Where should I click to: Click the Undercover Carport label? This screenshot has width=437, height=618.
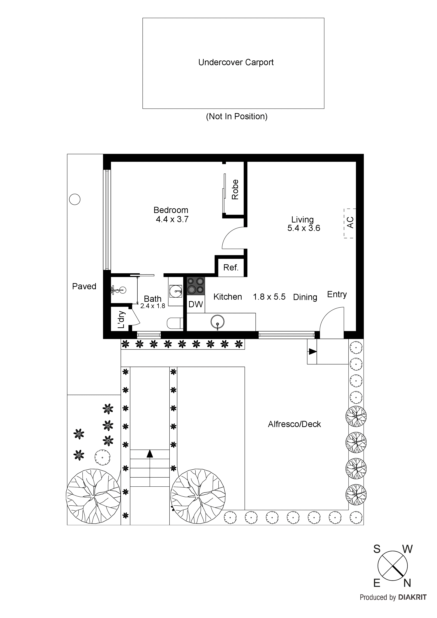tap(236, 62)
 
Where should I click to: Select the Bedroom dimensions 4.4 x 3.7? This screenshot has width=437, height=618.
tap(172, 219)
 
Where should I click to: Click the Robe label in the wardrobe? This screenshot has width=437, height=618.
tap(235, 190)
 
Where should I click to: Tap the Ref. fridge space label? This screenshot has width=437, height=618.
tap(231, 268)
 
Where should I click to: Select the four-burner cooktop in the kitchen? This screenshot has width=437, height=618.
tap(196, 286)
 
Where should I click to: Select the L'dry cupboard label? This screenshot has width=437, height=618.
tap(121, 320)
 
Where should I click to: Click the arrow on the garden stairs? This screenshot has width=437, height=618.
tap(150, 454)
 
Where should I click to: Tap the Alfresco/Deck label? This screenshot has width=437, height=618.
tap(294, 424)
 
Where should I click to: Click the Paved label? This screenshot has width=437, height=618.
tap(84, 286)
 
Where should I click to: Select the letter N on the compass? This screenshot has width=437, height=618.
tap(407, 583)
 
